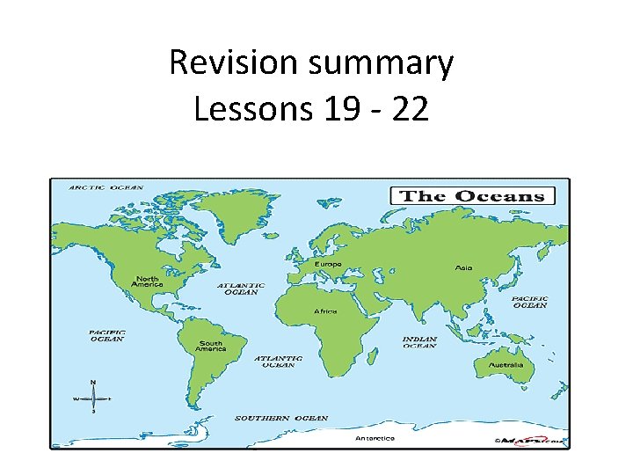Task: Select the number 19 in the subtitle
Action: (335, 110)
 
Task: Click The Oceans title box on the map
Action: (472, 196)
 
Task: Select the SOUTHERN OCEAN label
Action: (281, 418)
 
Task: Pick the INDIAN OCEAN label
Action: (419, 342)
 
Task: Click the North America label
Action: (147, 281)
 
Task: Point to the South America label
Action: (211, 347)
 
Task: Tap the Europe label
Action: (329, 264)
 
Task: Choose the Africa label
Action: (325, 311)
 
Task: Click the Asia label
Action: (463, 267)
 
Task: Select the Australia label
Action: (507, 364)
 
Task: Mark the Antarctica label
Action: (375, 438)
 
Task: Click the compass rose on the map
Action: (94, 398)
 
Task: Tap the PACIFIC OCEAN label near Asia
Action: (529, 302)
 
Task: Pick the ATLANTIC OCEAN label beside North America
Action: (241, 289)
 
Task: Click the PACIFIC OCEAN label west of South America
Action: (106, 335)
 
